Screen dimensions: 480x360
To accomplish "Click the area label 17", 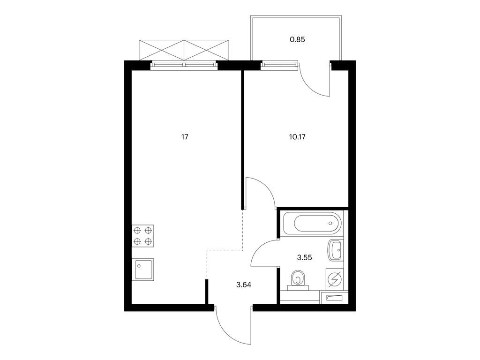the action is pos(185,137).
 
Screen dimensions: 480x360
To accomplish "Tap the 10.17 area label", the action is pos(297,137).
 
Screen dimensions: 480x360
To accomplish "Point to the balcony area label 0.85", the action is pos(297,39).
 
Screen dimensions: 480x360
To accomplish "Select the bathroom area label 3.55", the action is pos(305,258).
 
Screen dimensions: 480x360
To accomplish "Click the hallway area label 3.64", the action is pos(244,285).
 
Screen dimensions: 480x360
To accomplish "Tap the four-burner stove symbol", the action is pos(142,236).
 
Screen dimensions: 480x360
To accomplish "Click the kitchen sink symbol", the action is pos(142,270).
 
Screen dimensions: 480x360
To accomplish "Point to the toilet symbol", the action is pos(298,280).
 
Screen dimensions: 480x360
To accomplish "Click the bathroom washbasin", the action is pos(336,250).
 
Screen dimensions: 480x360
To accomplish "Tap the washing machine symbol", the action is pos(335,279).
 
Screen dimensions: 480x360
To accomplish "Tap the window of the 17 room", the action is pos(184,65).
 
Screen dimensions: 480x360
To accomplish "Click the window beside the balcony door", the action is pos(279,65).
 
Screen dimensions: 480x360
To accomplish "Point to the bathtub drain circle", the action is pos(330,223).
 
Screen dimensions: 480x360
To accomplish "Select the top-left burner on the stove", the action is pos(137,230).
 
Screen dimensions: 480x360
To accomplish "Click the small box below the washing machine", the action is pos(334,297).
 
